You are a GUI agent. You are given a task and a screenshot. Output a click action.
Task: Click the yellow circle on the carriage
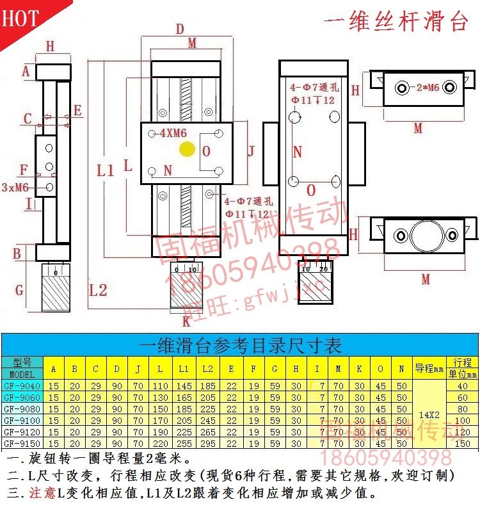(x=188, y=150)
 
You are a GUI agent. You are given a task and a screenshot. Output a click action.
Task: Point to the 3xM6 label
(x=15, y=188)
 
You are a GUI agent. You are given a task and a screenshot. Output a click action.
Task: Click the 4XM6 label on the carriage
(x=172, y=134)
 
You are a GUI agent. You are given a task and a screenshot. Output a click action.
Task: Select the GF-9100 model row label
(x=22, y=420)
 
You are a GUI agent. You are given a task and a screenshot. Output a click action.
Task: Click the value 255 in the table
(x=184, y=443)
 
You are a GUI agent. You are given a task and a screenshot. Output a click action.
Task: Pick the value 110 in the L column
(x=161, y=385)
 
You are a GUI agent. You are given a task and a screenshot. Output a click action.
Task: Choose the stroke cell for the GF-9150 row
(x=463, y=443)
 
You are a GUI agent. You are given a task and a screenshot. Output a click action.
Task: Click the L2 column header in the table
(x=207, y=369)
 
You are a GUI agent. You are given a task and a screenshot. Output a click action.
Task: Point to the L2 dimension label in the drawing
(x=98, y=290)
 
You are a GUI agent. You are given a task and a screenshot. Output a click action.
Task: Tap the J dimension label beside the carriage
(x=252, y=151)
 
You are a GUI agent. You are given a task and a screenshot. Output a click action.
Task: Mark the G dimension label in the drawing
(x=19, y=290)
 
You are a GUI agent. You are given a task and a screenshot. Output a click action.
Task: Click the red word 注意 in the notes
(x=42, y=493)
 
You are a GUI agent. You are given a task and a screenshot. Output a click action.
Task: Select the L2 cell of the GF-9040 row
(x=207, y=385)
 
